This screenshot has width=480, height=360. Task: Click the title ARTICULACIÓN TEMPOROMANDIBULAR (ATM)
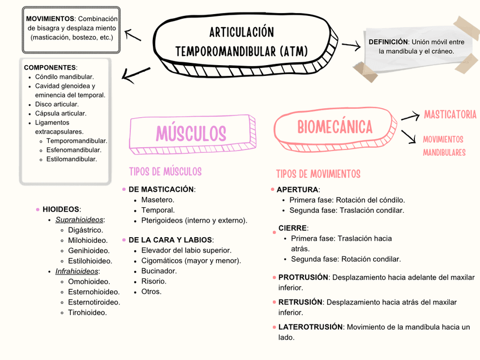[x=242, y=42]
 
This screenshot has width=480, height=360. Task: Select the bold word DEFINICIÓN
[x=388, y=42]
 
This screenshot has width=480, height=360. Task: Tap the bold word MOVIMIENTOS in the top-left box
[x=50, y=19]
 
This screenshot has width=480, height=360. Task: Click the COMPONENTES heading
[x=50, y=67]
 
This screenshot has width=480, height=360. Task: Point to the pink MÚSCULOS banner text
[x=191, y=134]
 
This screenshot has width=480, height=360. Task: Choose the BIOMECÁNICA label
[x=335, y=127]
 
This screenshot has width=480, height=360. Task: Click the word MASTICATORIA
[x=450, y=115]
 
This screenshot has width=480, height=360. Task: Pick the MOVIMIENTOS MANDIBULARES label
[x=444, y=145]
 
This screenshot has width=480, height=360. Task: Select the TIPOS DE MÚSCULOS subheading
[x=165, y=172]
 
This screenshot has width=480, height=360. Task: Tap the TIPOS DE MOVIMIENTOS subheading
[x=318, y=174]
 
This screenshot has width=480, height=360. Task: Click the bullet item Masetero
[x=157, y=200]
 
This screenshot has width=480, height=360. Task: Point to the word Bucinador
[x=159, y=271]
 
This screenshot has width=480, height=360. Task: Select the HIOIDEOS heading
[x=61, y=209]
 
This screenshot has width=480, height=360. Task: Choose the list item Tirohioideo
[x=87, y=312]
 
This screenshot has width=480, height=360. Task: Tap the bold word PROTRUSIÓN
[x=303, y=277]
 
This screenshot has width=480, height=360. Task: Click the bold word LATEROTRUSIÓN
[x=310, y=327]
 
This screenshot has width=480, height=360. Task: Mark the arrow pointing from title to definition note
[x=351, y=46]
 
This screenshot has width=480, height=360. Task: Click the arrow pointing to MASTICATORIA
[x=410, y=117]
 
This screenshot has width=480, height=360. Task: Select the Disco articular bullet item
[x=57, y=104]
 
